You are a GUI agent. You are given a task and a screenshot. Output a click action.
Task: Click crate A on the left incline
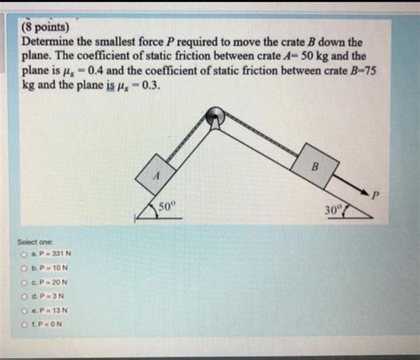[156, 174]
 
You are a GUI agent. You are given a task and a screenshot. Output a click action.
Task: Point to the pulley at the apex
[214, 115]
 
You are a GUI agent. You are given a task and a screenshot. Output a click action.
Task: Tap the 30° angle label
[333, 210]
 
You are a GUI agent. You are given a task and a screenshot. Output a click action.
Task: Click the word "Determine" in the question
[53, 42]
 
